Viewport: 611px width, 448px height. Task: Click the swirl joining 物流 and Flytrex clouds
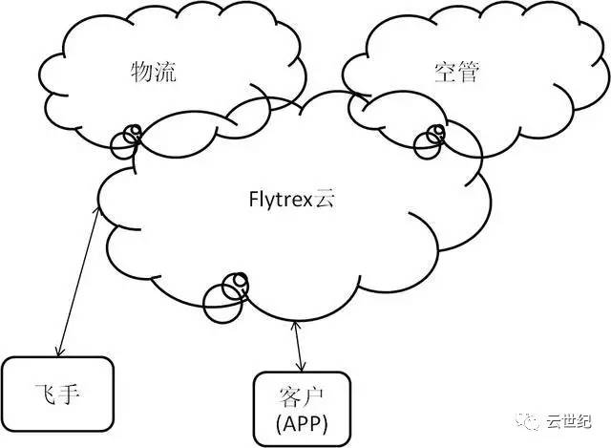pos(126,139)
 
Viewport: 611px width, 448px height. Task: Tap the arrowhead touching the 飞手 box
pos(60,352)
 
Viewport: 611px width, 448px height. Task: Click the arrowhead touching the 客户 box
pos(303,368)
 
